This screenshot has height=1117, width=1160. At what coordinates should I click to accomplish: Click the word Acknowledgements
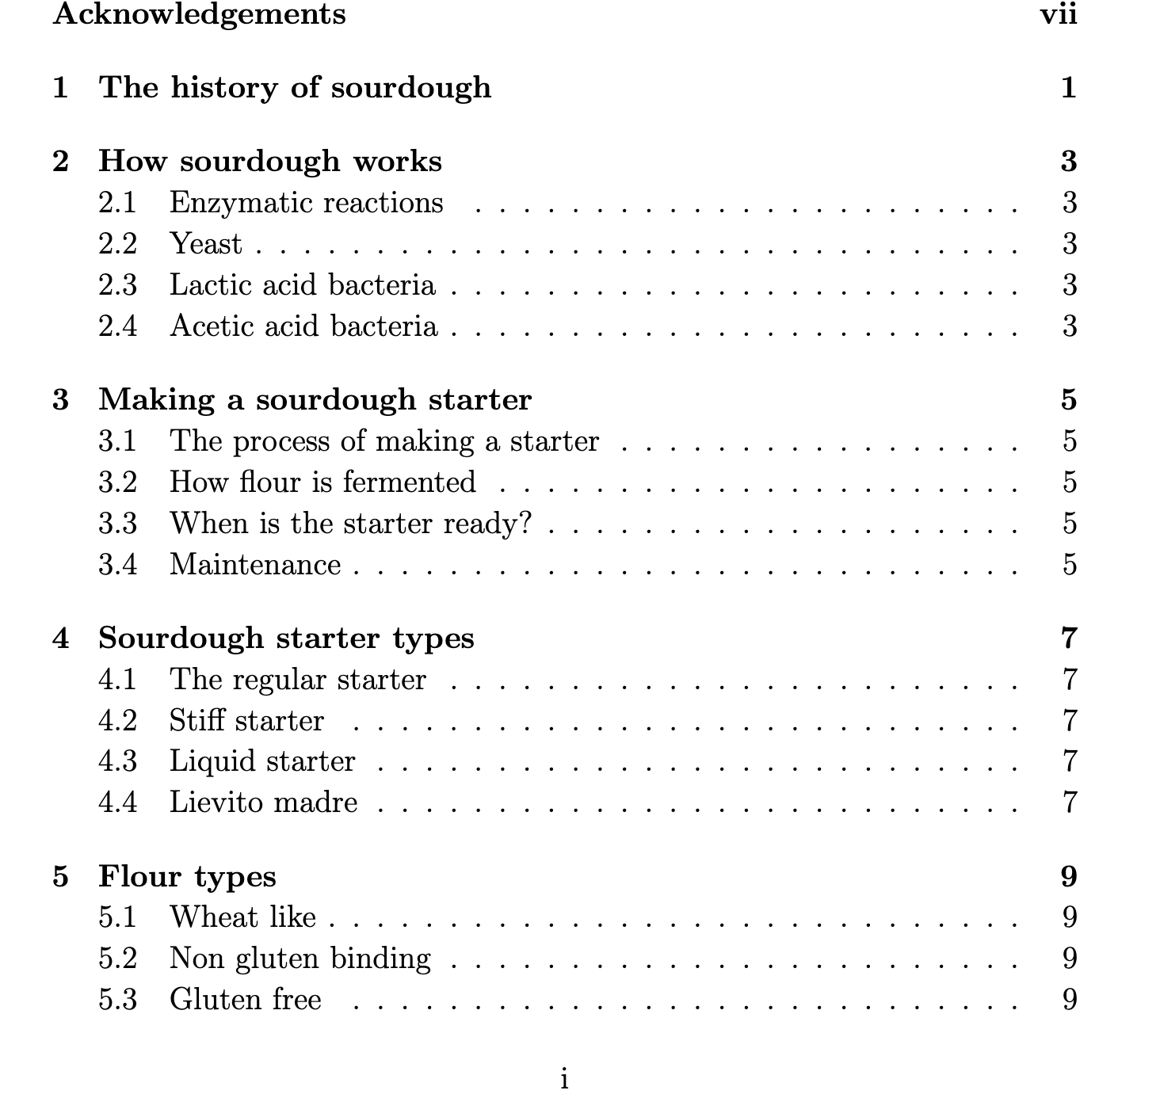click(x=199, y=14)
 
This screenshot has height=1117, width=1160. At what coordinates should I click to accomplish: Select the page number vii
click(x=1058, y=14)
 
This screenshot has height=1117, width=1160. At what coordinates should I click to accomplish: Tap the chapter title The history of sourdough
click(x=295, y=87)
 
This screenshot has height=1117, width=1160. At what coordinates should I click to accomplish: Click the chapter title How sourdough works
click(x=270, y=161)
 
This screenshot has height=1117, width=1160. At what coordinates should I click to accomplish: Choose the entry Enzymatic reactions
click(x=306, y=203)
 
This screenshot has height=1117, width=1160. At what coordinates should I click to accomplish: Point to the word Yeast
click(x=205, y=244)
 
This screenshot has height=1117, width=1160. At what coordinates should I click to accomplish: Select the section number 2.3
click(x=117, y=285)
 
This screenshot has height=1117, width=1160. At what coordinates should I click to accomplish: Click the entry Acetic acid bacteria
click(x=303, y=326)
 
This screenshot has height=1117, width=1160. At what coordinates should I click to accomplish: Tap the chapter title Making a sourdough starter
click(x=315, y=399)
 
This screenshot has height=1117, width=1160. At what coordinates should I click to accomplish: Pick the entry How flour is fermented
click(x=322, y=482)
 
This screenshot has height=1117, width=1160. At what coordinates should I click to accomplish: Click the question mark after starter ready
click(x=524, y=524)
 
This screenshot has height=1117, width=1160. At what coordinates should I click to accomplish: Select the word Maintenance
click(x=255, y=565)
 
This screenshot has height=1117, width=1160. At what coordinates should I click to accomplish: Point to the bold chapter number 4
click(x=60, y=639)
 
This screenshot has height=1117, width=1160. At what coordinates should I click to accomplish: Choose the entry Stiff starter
click(x=246, y=721)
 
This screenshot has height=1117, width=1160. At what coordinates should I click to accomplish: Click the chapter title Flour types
click(x=187, y=877)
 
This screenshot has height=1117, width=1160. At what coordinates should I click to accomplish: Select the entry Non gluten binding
click(x=300, y=959)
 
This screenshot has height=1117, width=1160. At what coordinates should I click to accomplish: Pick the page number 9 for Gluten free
click(x=1070, y=1000)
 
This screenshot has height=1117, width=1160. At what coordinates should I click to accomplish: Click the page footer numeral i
click(x=564, y=1079)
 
